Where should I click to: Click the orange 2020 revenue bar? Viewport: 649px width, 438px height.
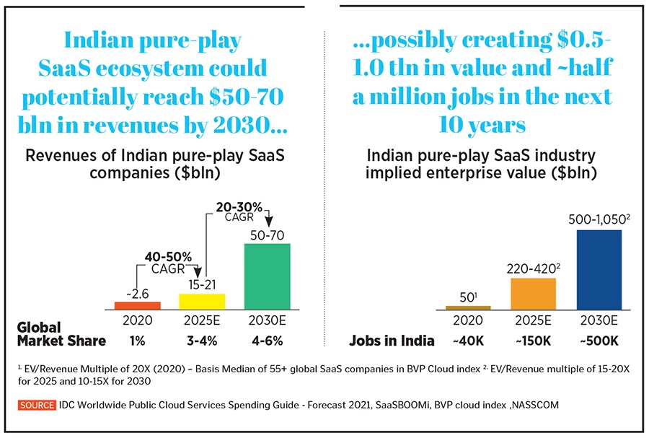click(138, 305)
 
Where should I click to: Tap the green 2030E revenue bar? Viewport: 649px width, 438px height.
click(268, 276)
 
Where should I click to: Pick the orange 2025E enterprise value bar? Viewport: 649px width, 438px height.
click(533, 294)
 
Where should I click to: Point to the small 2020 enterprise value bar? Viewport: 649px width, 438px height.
click(468, 307)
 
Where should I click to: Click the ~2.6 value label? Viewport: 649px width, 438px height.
click(138, 292)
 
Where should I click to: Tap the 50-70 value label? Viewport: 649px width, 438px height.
click(268, 234)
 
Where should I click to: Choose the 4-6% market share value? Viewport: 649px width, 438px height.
click(268, 341)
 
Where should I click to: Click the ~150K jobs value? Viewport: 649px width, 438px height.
click(533, 341)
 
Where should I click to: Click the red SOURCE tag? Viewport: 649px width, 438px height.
click(37, 406)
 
